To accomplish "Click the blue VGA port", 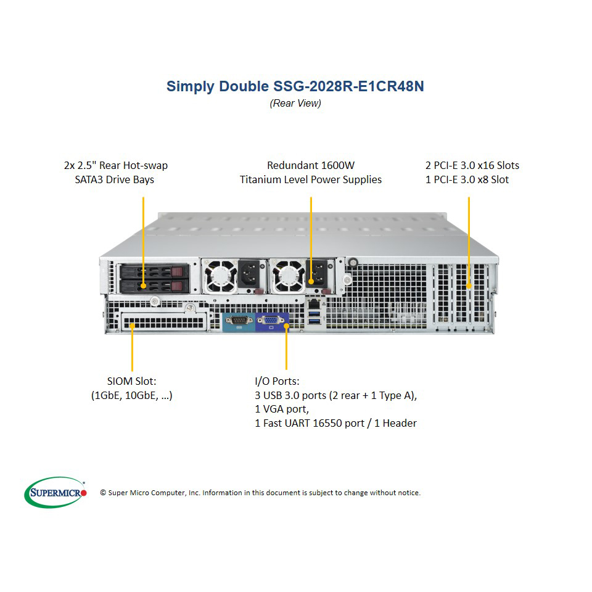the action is [270, 321].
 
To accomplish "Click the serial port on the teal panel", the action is [239, 321].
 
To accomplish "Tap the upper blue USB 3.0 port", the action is [314, 313].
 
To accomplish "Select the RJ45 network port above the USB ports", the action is [314, 303].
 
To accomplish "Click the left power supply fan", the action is [220, 276].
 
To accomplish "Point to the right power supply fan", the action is [288, 276].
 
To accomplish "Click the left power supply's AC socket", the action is [249, 274].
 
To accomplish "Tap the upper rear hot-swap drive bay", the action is [154, 272].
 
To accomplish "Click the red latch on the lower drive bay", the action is [177, 286].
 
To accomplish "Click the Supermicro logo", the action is [55, 492].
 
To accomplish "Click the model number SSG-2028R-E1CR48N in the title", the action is [348, 86].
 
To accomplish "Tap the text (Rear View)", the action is [295, 104].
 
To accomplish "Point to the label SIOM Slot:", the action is [131, 381].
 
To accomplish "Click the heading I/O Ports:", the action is [277, 381].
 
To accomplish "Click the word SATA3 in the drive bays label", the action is [89, 179].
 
